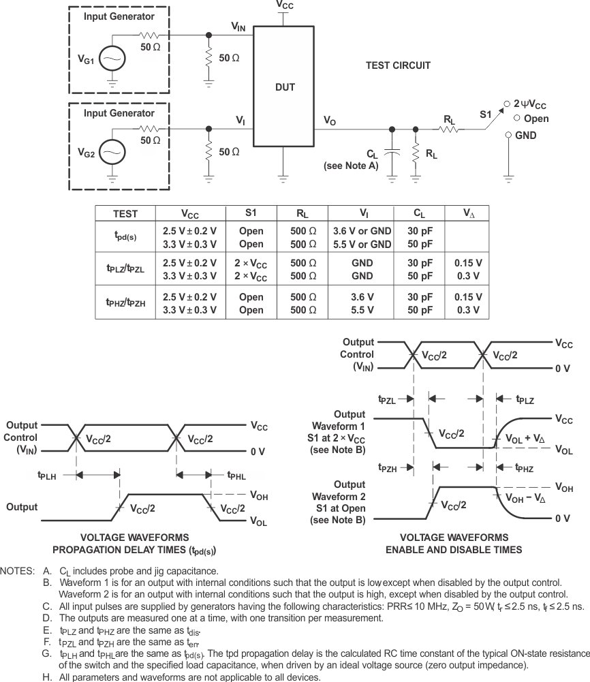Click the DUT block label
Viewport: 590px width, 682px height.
point(285,87)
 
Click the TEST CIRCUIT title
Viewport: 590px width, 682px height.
point(398,65)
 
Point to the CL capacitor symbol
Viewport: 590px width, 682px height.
point(392,154)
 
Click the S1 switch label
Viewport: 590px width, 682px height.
point(485,115)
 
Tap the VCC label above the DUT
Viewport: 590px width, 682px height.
point(285,5)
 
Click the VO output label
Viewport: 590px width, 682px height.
point(329,121)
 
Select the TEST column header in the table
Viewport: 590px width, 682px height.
point(125,213)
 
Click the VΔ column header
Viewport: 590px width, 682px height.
point(469,213)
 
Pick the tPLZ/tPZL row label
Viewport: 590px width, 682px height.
point(125,269)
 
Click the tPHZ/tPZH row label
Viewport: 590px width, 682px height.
point(125,303)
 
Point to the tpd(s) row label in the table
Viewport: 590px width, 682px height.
point(125,236)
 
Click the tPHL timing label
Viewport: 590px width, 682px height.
point(236,476)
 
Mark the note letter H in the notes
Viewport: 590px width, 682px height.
point(46,677)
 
